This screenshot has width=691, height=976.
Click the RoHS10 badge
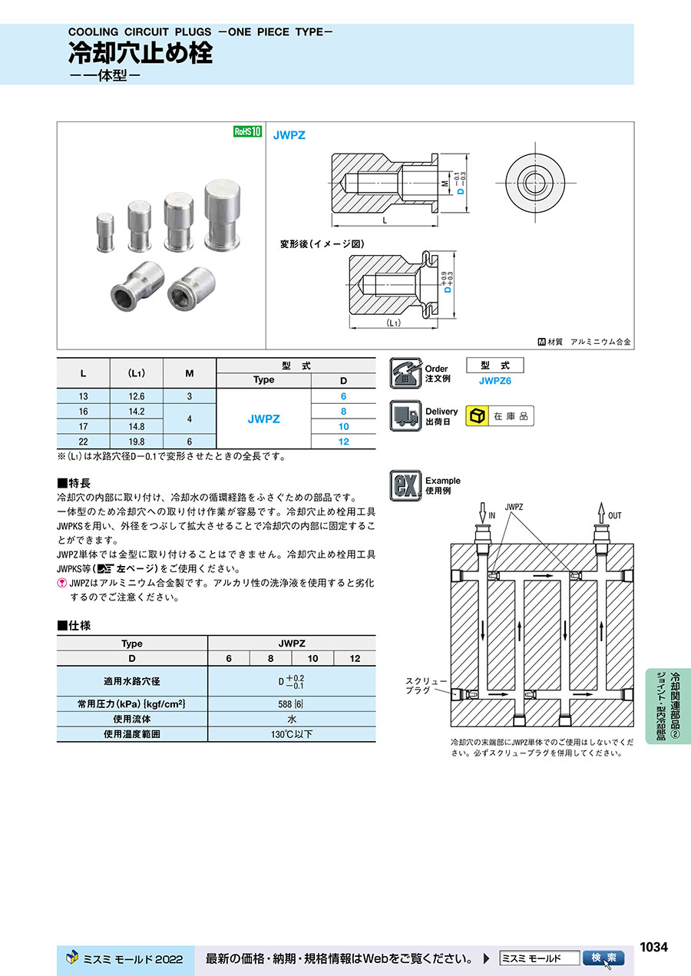click(x=247, y=132)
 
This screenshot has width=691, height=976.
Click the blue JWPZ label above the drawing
click(x=289, y=135)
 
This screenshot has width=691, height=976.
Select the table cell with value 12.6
click(x=137, y=396)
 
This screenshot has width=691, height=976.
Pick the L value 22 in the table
click(x=83, y=442)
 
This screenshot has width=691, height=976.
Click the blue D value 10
click(x=343, y=426)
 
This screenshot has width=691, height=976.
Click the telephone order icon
click(x=405, y=373)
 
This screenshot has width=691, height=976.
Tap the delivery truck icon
click(x=405, y=416)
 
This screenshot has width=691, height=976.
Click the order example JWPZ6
click(x=494, y=380)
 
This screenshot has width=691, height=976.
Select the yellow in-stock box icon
click(x=478, y=416)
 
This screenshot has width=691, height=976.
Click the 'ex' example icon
click(x=405, y=485)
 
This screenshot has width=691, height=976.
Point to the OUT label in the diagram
click(x=615, y=516)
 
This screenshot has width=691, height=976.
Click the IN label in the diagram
click(x=493, y=516)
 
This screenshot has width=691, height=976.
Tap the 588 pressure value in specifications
click(x=292, y=704)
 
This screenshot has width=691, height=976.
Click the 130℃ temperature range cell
click(x=292, y=734)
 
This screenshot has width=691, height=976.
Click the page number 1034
click(x=653, y=947)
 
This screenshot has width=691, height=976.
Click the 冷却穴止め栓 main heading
click(x=141, y=54)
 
